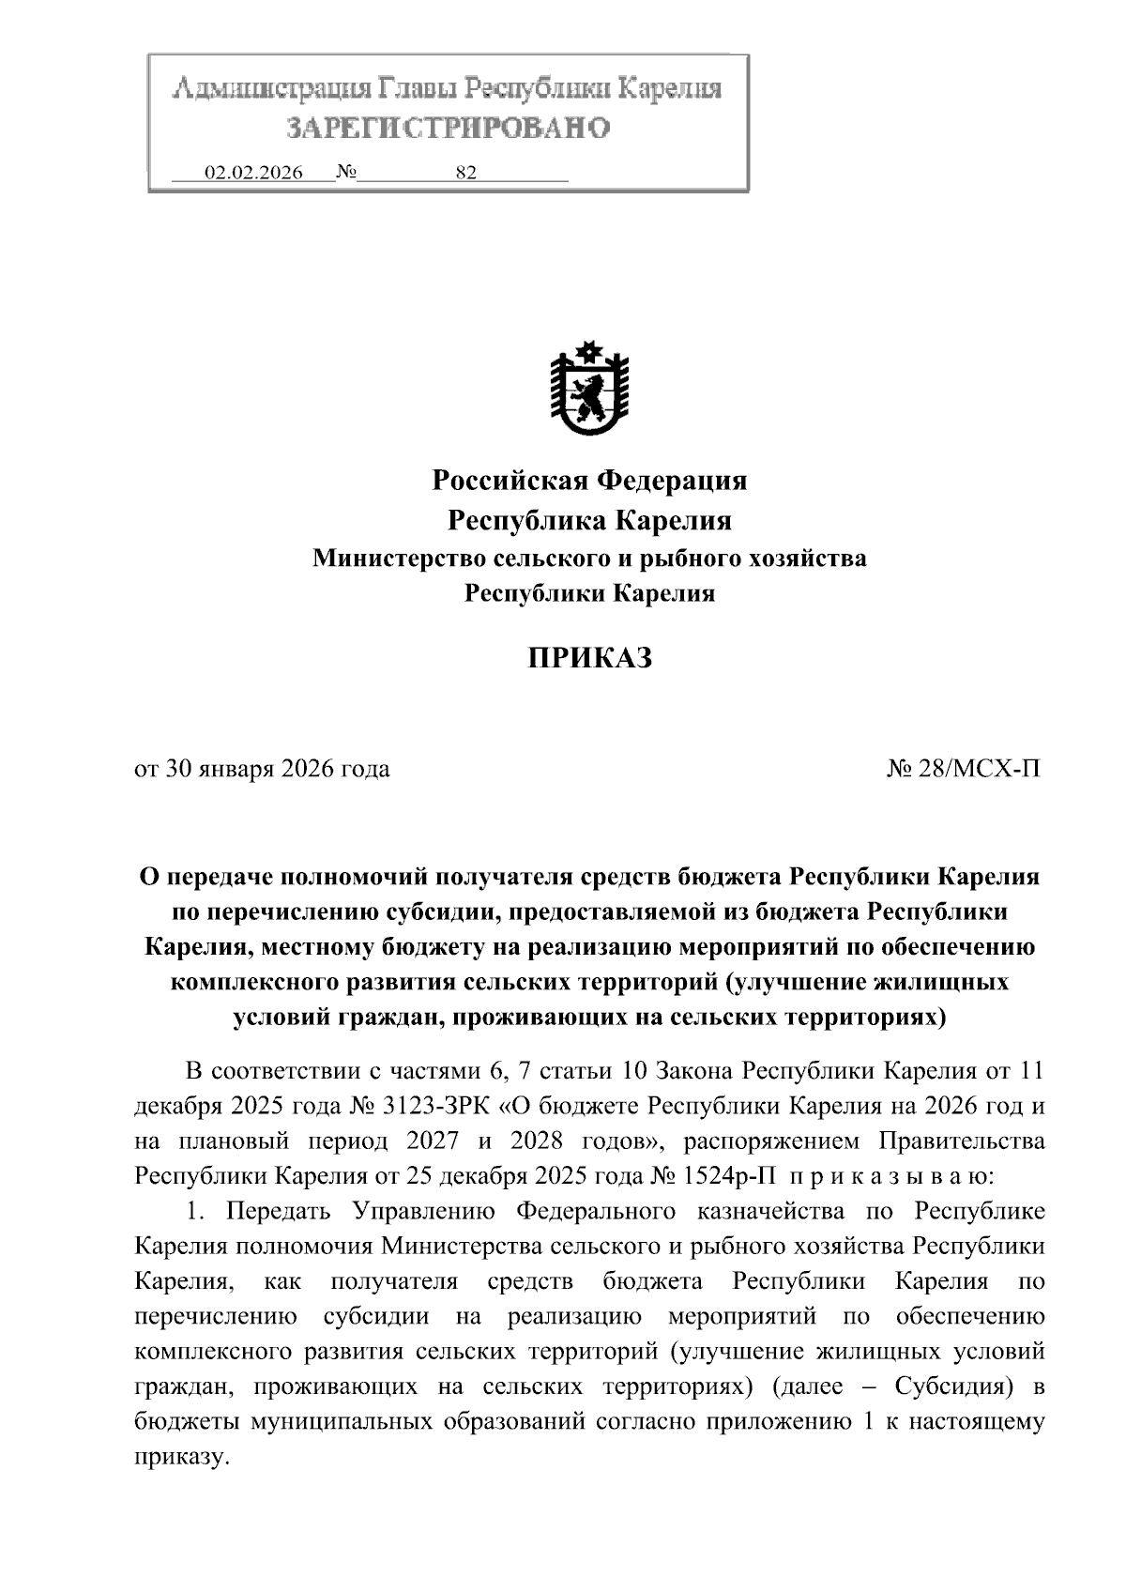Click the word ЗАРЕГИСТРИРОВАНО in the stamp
click(x=448, y=127)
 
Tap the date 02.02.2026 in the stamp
click(x=253, y=173)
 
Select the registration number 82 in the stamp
click(x=465, y=173)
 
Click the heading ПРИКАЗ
click(x=588, y=658)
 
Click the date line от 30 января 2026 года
click(x=263, y=770)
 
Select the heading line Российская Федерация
click(x=588, y=481)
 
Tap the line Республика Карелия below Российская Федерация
click(x=588, y=520)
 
